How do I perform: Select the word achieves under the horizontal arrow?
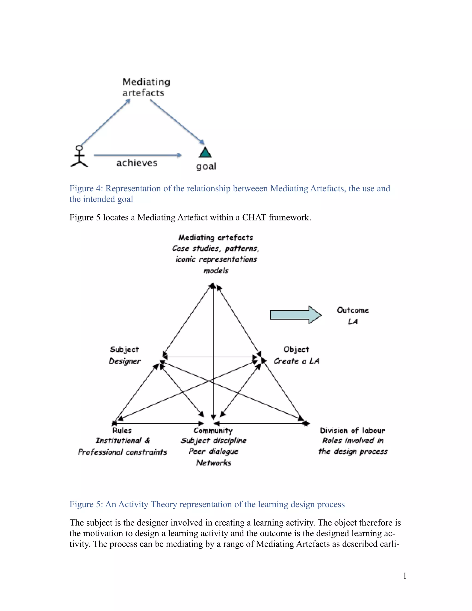[x=137, y=163]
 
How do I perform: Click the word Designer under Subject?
[x=125, y=361]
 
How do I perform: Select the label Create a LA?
[x=296, y=361]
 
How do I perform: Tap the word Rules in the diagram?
[x=122, y=430]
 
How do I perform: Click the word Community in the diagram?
[x=213, y=430]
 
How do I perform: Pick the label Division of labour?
[x=352, y=430]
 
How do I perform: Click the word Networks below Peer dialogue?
[x=214, y=463]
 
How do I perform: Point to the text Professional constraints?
[x=122, y=452]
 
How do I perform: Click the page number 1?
[x=405, y=576]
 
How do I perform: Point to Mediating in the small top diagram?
[x=146, y=82]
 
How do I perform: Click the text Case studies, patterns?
[x=215, y=248]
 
